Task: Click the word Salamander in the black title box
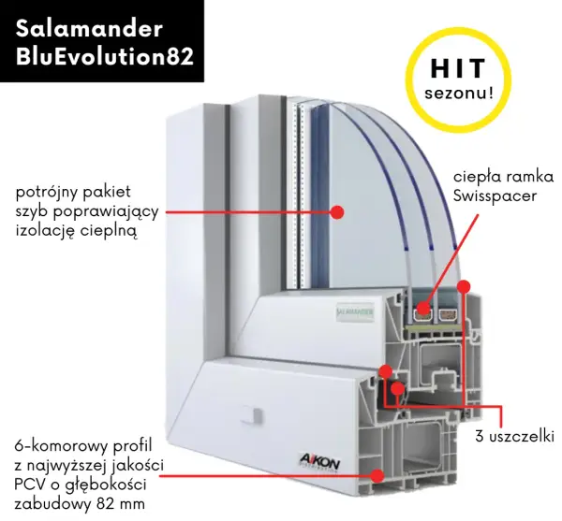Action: pos(89,28)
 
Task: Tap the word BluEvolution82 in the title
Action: pos(105,56)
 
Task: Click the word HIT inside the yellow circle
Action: pos(458,68)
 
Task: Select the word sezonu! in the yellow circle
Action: pos(459,94)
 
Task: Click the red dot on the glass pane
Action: pos(336,212)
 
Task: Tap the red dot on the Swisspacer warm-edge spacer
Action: pos(423,308)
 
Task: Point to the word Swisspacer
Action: pos(495,196)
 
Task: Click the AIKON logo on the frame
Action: pos(319,463)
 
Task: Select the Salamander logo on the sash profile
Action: pos(355,312)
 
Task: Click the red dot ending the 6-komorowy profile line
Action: pos(377,475)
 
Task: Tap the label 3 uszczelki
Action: pos(514,437)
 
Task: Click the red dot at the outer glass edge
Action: pos(464,286)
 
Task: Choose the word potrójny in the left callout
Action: pos(47,192)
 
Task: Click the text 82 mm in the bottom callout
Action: pos(121,504)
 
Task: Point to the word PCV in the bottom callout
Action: pos(27,485)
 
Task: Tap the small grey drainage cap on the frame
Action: pos(252,415)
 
